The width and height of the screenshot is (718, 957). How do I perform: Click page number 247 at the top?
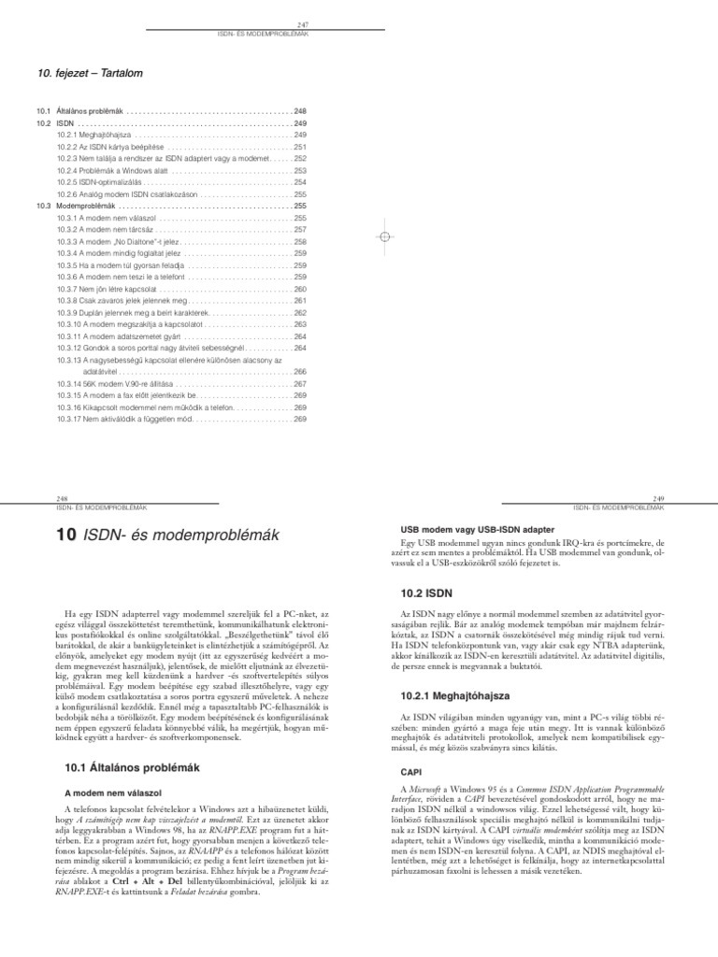[302, 24]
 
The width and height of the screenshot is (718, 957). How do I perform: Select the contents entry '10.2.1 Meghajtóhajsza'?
[95, 135]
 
